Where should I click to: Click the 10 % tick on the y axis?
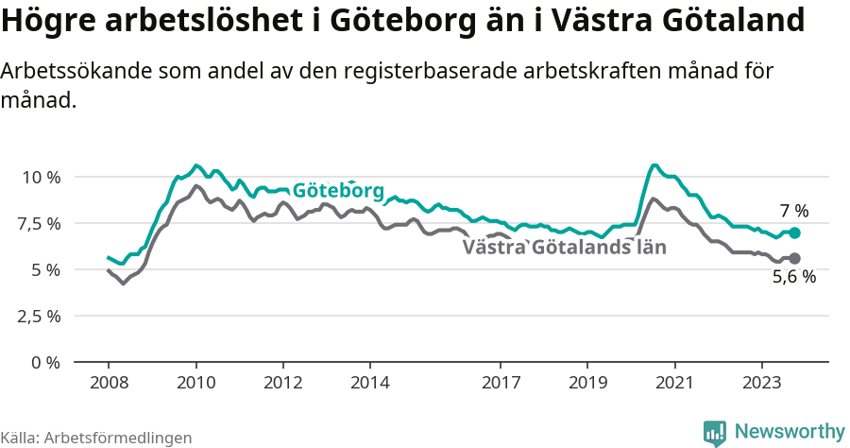pos(41,178)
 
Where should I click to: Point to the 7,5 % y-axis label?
pos(38,224)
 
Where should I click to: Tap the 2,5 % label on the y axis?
pos(38,317)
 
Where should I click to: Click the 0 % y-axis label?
pos(46,363)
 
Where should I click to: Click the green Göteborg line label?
pos(338,191)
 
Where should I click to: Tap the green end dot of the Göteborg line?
pos(794,233)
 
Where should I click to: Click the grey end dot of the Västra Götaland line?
pos(794,258)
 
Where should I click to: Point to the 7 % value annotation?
pos(793,211)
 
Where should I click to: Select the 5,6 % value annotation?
pos(793,278)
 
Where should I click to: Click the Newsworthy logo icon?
pos(715,433)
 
